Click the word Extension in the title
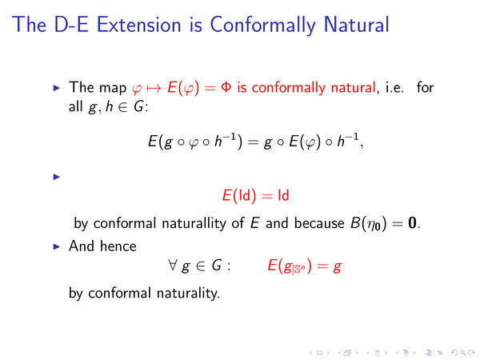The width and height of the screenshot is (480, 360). click(x=138, y=25)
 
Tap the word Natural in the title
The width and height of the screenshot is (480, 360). click(x=356, y=25)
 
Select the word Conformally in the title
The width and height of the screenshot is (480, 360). click(x=262, y=26)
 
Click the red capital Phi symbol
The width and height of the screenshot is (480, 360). click(x=226, y=87)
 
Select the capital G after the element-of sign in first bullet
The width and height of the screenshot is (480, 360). click(x=138, y=107)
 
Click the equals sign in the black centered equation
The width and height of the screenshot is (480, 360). click(x=253, y=142)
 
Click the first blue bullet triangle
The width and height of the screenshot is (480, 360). click(x=57, y=88)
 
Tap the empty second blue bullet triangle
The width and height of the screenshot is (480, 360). click(x=57, y=177)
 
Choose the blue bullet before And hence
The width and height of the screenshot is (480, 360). click(x=57, y=246)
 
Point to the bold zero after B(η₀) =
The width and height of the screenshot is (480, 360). click(x=412, y=223)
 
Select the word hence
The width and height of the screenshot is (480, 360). click(x=118, y=246)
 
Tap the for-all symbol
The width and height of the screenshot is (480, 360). click(x=172, y=265)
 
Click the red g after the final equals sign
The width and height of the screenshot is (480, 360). click(x=337, y=267)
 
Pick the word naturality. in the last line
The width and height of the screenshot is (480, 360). click(x=188, y=293)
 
